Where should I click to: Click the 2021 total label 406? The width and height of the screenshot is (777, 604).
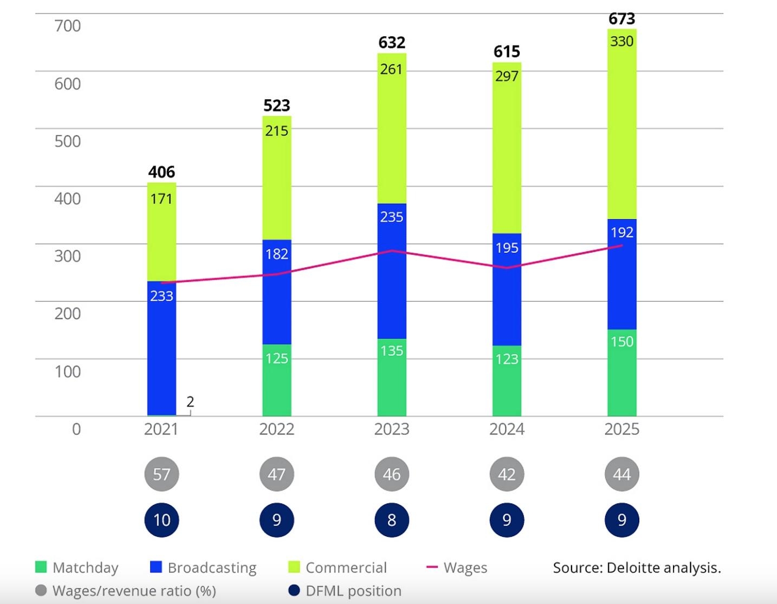click(161, 172)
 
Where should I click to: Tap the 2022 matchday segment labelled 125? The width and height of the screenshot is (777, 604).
click(277, 380)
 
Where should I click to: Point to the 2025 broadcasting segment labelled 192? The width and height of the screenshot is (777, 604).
click(621, 274)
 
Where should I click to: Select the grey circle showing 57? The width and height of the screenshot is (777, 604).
click(161, 474)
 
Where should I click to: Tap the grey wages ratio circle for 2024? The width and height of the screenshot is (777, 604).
click(507, 474)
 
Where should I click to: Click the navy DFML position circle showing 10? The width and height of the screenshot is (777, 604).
click(161, 520)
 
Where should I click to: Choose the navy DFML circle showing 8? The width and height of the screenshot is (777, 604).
click(392, 520)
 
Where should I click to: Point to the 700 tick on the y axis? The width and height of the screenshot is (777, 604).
click(67, 26)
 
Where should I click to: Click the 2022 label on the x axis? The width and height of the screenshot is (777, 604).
click(276, 429)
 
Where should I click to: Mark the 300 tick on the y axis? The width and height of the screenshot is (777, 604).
click(67, 256)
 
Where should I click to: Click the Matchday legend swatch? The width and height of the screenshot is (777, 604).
click(41, 567)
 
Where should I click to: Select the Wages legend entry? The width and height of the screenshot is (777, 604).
click(457, 568)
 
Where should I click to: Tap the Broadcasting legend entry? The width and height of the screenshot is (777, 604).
click(203, 568)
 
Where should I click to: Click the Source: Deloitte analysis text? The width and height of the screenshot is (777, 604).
click(637, 568)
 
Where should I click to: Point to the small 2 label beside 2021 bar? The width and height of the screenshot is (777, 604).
click(190, 402)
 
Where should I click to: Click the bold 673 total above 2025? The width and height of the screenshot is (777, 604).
click(621, 19)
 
